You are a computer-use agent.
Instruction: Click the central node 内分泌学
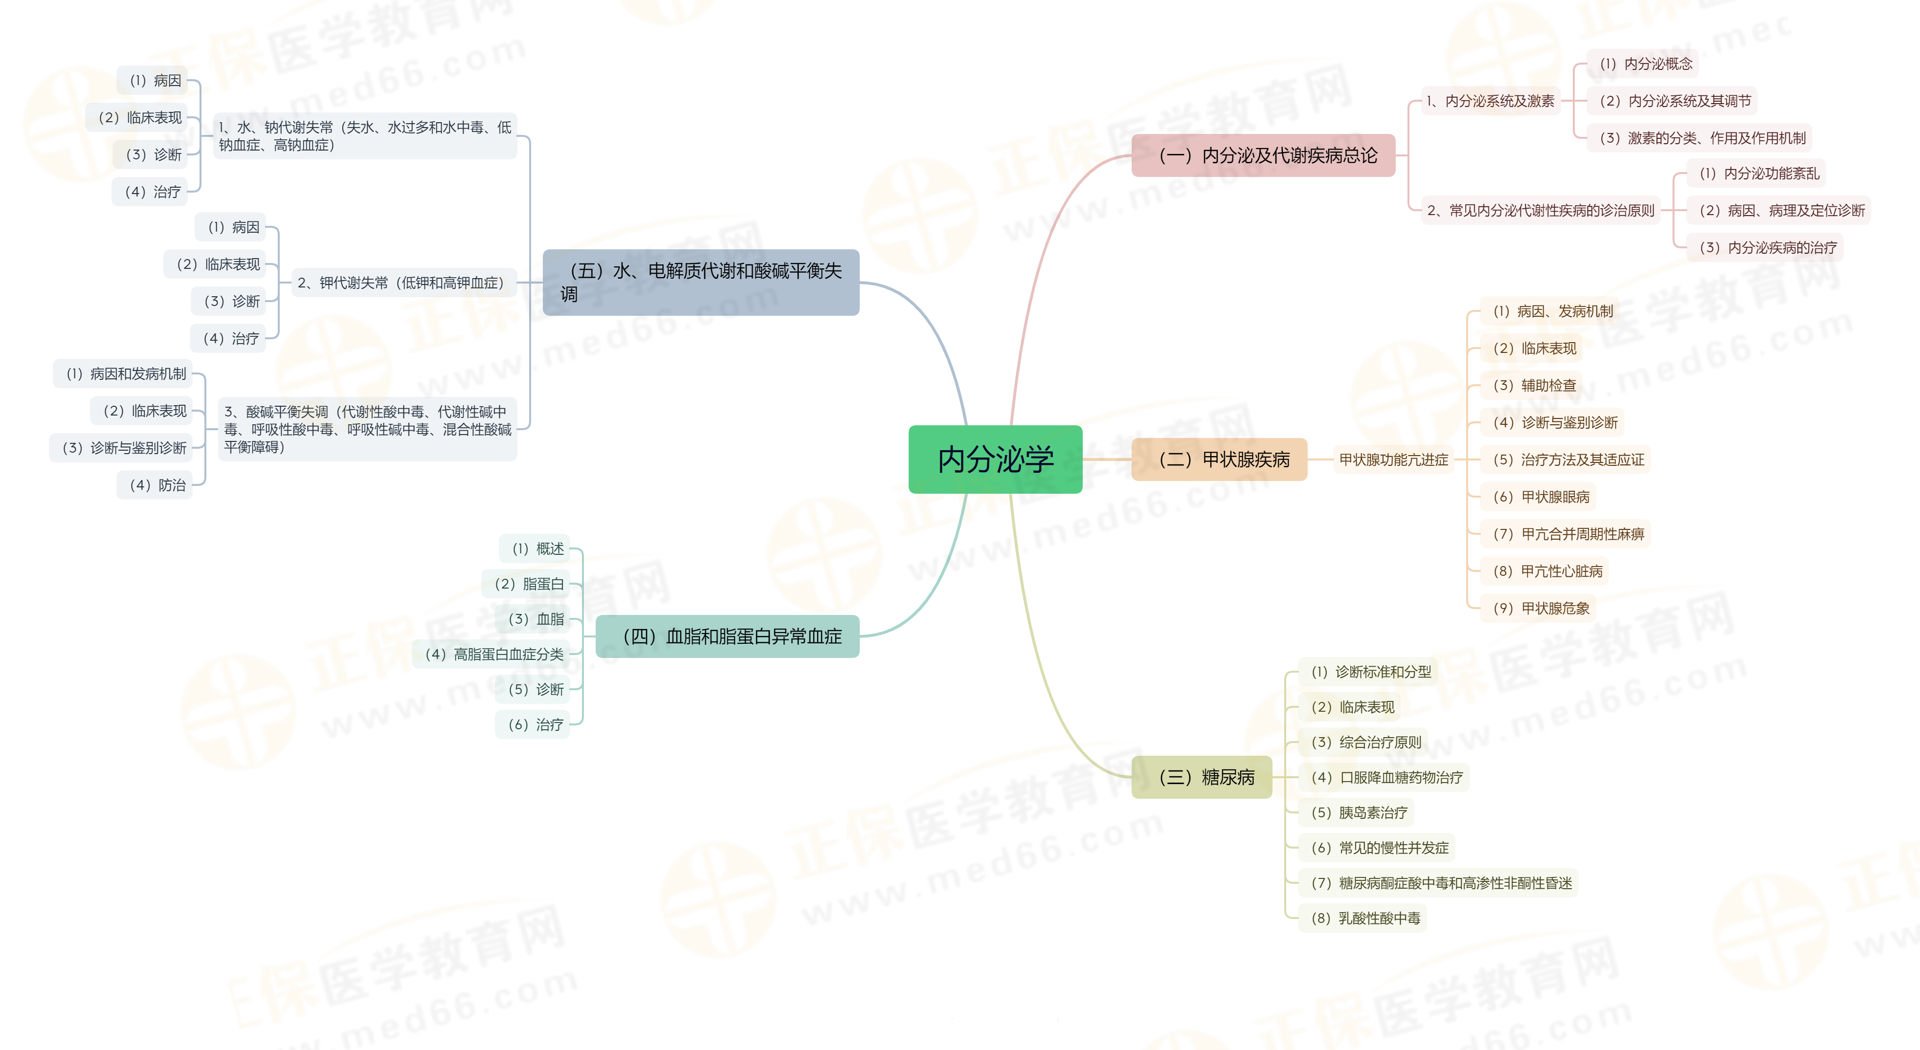[x=995, y=459]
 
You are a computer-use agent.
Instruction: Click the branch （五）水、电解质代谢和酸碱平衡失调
[x=701, y=283]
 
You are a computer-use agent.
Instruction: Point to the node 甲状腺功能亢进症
[x=1393, y=460]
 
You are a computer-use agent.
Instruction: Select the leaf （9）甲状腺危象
[x=1540, y=608]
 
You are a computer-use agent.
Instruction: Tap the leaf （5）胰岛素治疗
[x=1359, y=812]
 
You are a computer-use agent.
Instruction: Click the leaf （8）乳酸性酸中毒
[x=1365, y=918]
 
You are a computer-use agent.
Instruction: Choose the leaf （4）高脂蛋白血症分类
[x=493, y=654]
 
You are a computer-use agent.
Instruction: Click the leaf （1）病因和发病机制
[x=125, y=374]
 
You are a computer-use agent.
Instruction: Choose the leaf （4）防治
[x=156, y=485]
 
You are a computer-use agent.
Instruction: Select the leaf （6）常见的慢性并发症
[x=1379, y=847]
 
